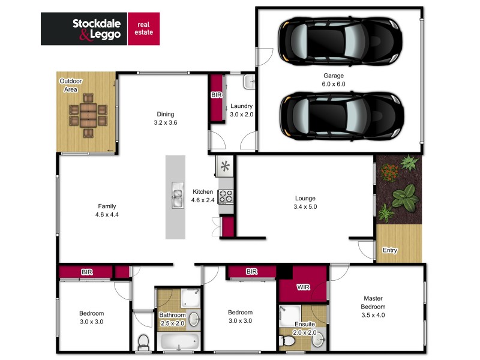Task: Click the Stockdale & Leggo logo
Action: click(101, 29)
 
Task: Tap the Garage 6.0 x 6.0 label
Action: click(334, 80)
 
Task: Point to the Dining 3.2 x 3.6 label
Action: click(166, 118)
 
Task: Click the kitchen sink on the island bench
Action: click(176, 196)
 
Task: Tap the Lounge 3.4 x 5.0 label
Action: click(305, 202)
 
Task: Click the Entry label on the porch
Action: click(389, 250)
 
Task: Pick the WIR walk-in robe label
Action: click(303, 287)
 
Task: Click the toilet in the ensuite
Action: click(289, 341)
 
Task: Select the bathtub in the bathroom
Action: click(179, 343)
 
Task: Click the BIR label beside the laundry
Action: click(216, 95)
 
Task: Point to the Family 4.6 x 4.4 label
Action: click(107, 210)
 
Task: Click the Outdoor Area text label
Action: click(70, 85)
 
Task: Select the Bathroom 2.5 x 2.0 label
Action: click(172, 319)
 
